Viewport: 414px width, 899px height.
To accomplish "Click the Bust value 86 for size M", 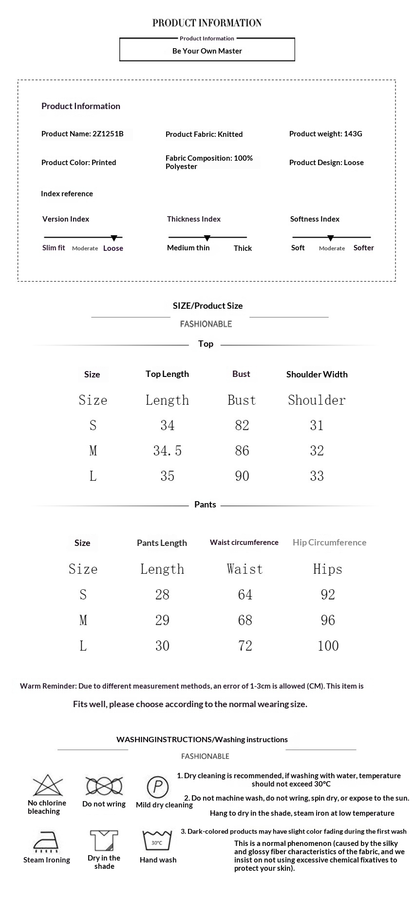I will tap(242, 450).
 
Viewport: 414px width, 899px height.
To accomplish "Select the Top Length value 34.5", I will tap(168, 450).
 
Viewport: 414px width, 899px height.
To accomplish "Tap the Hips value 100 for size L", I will tap(328, 646).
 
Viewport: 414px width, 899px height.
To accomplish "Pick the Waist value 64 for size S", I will tap(245, 595).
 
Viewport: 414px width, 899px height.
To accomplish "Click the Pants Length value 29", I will tap(162, 620).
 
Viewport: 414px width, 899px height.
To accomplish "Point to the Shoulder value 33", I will tap(317, 476).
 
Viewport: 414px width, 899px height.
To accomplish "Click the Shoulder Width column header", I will tap(317, 374).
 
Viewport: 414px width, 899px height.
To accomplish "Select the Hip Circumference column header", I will tap(329, 543).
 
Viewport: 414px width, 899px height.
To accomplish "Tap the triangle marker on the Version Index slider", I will tap(114, 238).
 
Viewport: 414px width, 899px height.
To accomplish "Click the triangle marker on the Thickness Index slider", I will tap(207, 238).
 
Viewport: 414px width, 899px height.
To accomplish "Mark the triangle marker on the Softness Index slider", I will tap(331, 238).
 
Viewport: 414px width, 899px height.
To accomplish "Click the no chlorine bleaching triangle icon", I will tap(48, 786).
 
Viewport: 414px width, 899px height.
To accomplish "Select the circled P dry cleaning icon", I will tap(157, 787).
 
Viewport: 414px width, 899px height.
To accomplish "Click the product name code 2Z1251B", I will tap(108, 134).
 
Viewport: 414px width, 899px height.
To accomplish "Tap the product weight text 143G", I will tap(353, 134).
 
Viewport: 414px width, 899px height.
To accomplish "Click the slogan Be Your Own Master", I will tap(207, 51).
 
